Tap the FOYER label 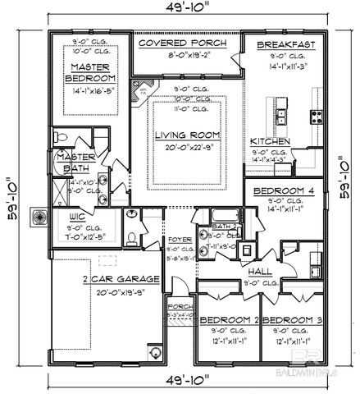[x=179, y=241]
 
